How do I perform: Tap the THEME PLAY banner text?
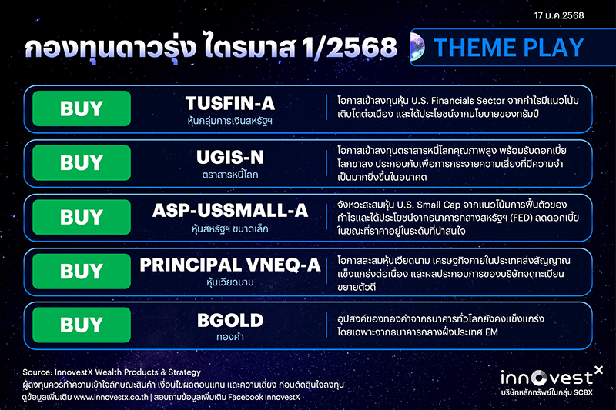point(508,48)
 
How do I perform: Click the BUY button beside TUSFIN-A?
point(82,109)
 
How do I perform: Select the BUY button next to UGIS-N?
point(82,163)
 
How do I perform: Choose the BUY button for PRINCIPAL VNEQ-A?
point(82,271)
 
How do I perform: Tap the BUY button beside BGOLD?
point(82,325)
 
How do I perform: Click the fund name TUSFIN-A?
point(230,103)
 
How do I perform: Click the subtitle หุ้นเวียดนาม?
point(230,282)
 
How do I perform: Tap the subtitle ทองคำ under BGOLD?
point(230,336)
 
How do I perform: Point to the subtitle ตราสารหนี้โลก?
point(230,175)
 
